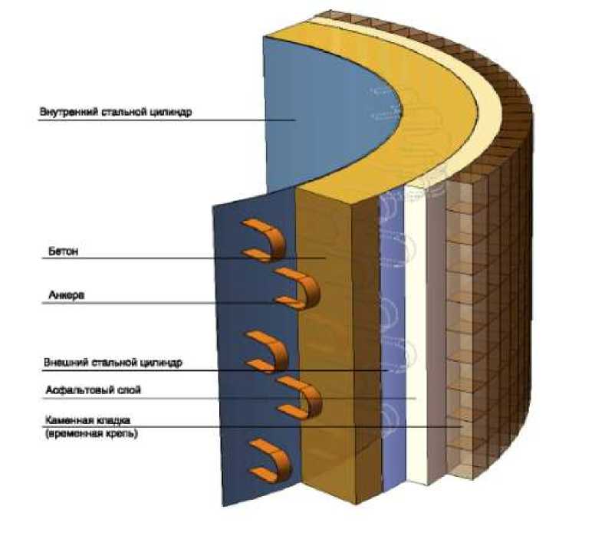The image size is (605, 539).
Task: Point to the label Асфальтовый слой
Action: click(94, 390)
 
